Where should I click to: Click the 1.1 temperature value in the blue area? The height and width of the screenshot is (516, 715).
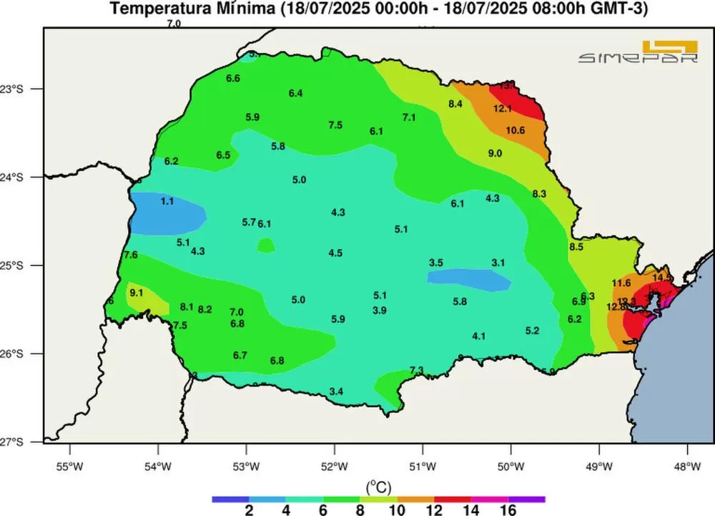167,202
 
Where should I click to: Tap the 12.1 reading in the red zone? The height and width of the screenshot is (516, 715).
503,109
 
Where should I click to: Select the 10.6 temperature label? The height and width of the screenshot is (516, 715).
516,130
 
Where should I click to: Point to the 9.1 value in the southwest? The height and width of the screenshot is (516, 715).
137,292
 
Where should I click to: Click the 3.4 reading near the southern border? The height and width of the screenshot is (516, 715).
337,391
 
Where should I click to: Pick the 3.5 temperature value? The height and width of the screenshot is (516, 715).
436,263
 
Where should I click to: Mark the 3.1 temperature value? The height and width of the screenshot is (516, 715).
498,263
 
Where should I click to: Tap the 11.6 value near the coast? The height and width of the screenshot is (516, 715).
621,283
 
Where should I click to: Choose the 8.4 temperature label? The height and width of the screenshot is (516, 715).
456,104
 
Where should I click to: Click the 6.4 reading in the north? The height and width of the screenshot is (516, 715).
296,94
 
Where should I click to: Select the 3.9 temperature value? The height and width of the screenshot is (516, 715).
380,310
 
